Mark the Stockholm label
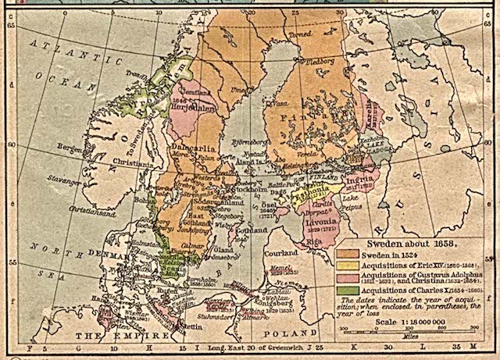(x=230, y=189)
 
